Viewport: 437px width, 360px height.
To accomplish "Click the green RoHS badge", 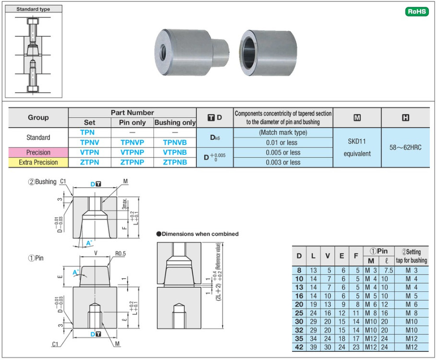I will (416, 12).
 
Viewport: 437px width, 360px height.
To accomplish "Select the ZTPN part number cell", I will (90, 162).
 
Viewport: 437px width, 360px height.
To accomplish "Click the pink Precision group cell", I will (38, 152).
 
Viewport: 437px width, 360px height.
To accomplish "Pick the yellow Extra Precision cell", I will (38, 162).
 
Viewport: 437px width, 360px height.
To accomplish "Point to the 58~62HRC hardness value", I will (405, 147).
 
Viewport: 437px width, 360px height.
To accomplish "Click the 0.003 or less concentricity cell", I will (283, 162).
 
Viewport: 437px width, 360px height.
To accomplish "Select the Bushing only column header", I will (175, 122).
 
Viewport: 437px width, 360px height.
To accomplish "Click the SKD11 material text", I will (357, 143).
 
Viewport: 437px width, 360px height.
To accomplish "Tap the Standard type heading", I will (33, 9).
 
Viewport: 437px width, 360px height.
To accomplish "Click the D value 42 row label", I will (299, 347).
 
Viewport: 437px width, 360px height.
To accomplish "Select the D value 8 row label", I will (299, 270).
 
